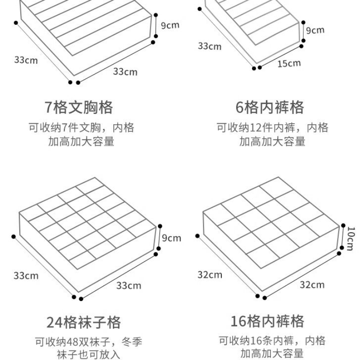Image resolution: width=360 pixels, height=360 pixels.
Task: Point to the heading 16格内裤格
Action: pyautogui.click(x=267, y=321)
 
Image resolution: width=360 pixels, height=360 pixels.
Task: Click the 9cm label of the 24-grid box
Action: pyautogui.click(x=171, y=238)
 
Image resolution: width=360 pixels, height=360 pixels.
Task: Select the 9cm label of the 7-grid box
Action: pyautogui.click(x=170, y=25)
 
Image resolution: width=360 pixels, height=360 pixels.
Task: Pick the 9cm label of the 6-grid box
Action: pyautogui.click(x=315, y=30)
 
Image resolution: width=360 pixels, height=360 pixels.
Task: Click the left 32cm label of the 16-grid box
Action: pyautogui.click(x=210, y=274)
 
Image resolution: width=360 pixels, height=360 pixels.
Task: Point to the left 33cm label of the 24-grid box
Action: pyautogui.click(x=26, y=275)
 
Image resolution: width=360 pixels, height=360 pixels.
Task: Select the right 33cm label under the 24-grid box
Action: pyautogui.click(x=129, y=285)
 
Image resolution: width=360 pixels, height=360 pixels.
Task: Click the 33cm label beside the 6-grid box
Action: pyautogui.click(x=210, y=46)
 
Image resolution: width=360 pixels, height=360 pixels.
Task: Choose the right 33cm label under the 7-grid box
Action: pyautogui.click(x=125, y=72)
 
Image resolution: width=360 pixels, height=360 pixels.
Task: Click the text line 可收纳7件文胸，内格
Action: pyautogui.click(x=81, y=128)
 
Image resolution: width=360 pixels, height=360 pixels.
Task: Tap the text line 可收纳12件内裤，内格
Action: pyautogui.click(x=272, y=128)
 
